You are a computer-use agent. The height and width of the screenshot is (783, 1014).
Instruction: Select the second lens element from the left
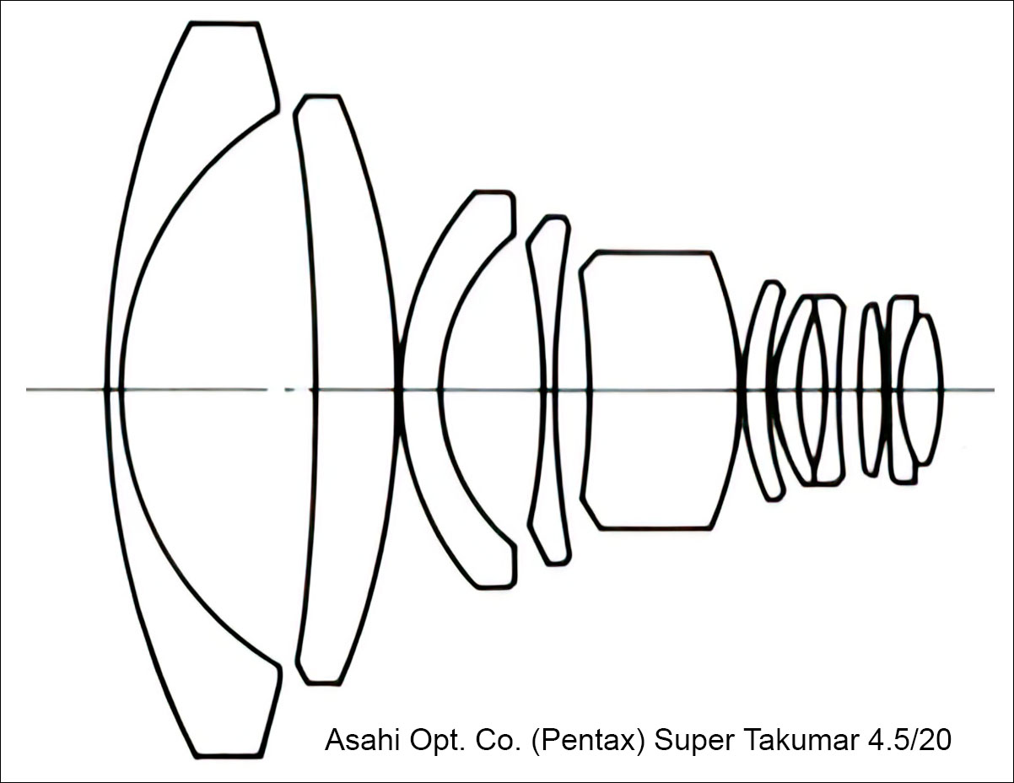345,389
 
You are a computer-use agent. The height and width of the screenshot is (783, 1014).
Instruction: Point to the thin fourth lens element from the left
549,389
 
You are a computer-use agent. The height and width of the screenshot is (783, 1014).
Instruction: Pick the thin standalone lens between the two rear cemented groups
871,389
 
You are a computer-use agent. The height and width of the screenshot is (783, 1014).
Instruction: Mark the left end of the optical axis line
27,389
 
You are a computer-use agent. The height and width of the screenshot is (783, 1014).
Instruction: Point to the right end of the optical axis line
994,389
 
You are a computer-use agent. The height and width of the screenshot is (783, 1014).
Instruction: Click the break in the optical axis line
276,389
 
